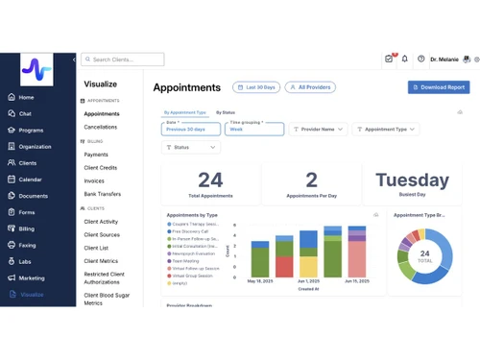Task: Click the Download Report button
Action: tap(439, 87)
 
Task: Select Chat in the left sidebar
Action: tap(25, 113)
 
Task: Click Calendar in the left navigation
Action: tap(30, 180)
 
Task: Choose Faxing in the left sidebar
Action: tap(27, 245)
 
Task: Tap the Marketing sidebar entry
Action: tap(32, 277)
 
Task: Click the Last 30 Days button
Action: tap(256, 87)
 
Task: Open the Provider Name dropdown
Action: tap(318, 129)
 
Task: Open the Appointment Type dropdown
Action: tap(385, 129)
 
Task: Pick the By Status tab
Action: tap(226, 112)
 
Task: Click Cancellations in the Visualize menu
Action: tap(101, 127)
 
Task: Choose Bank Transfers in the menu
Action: tap(103, 194)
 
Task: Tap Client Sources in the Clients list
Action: tap(102, 234)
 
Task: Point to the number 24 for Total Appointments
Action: tap(210, 180)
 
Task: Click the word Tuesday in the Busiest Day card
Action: tap(412, 180)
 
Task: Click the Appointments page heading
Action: tap(187, 87)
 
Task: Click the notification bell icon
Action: tap(405, 59)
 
